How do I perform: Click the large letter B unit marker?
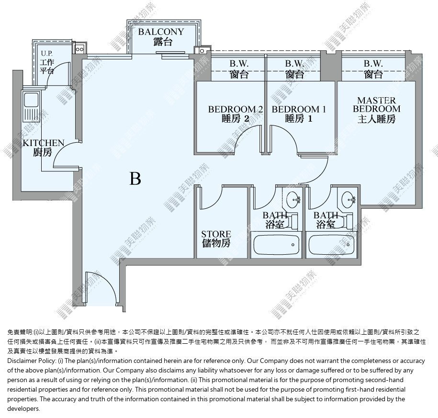pyautogui.click(x=135, y=179)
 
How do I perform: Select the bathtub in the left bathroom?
pyautogui.click(x=276, y=245)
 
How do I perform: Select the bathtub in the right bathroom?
pyautogui.click(x=331, y=245)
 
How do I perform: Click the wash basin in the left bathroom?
pyautogui.click(x=293, y=199)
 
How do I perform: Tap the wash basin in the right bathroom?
pyautogui.click(x=348, y=199)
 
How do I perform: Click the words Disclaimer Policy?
pyautogui.click(x=31, y=361)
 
